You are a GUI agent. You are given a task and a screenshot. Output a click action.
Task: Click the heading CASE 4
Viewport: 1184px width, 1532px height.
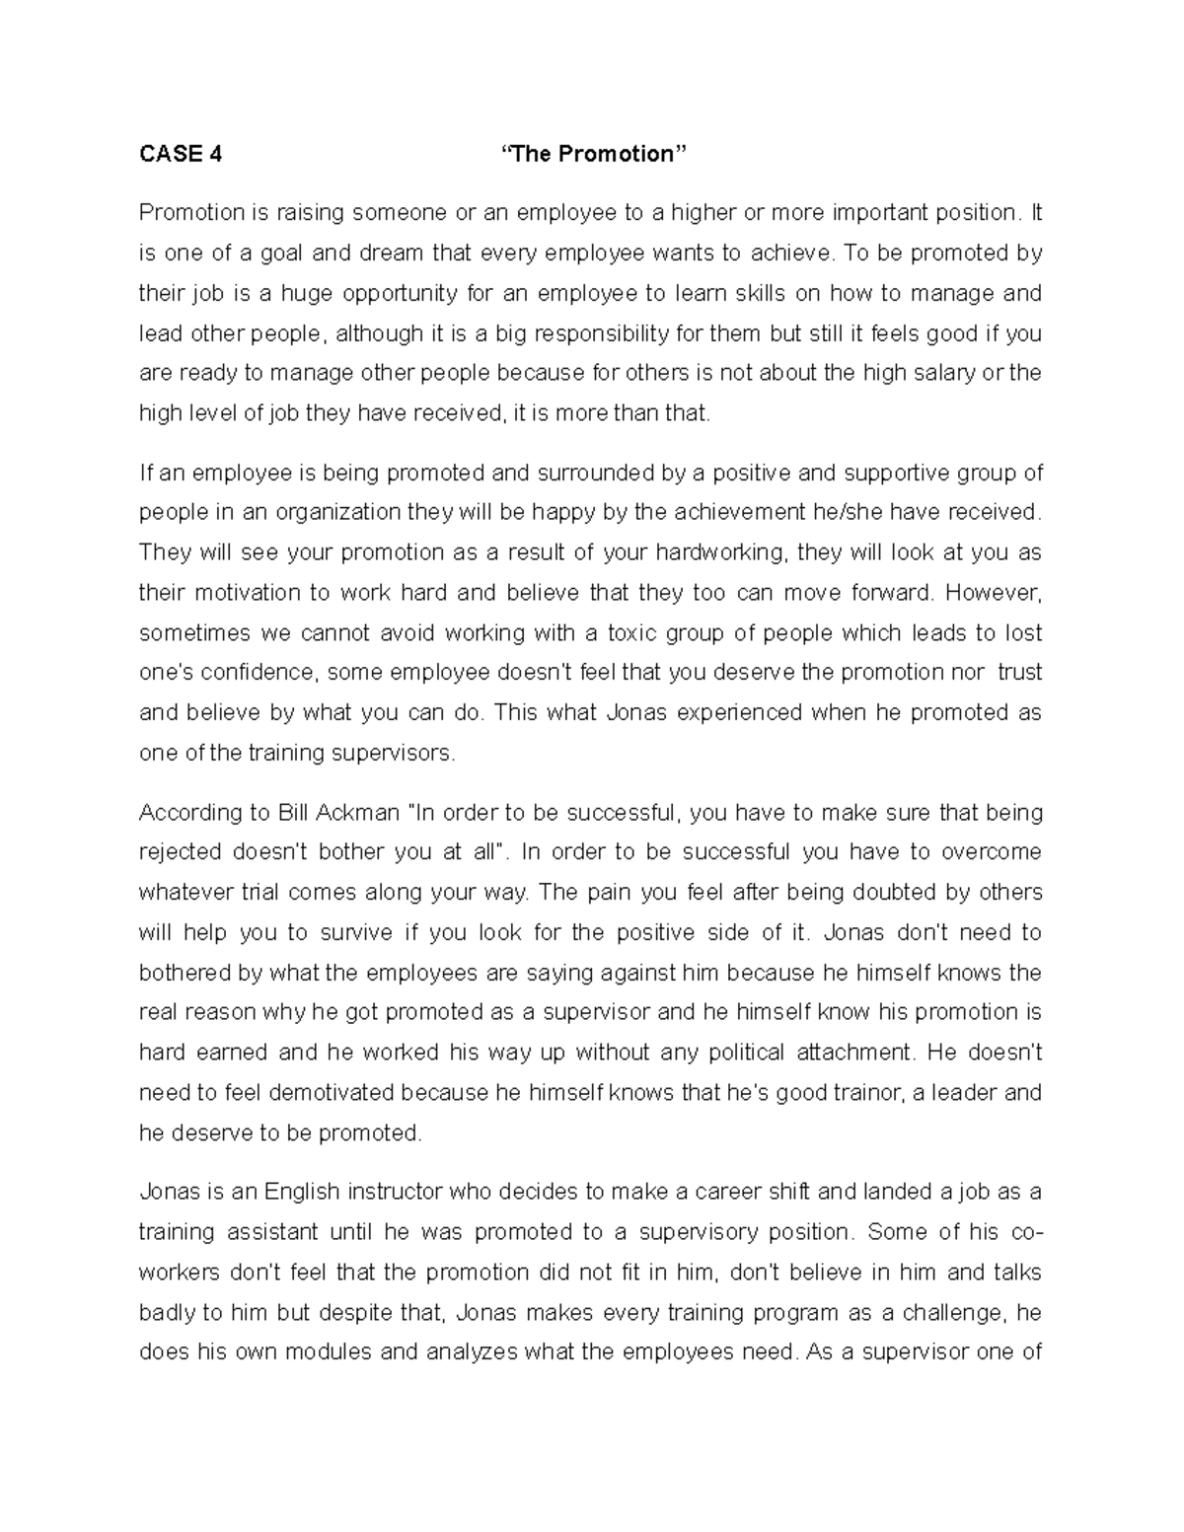(181, 154)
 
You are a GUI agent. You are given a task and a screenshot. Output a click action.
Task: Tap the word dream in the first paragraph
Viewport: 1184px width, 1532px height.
(393, 254)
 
